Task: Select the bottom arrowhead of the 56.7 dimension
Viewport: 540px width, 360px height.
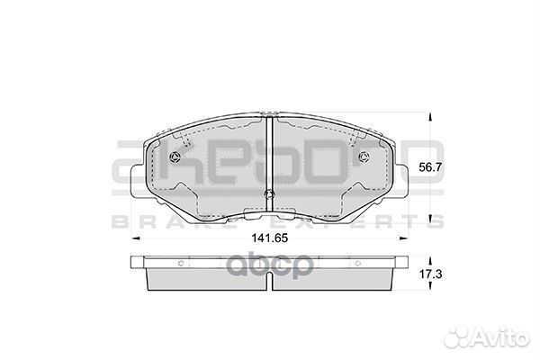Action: [428, 220]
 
